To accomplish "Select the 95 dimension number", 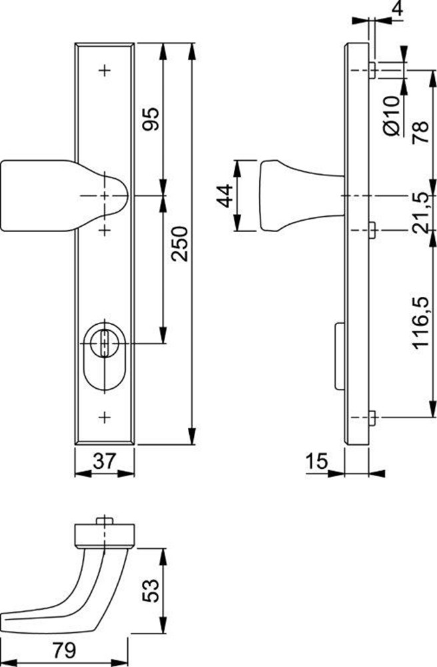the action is (151, 119).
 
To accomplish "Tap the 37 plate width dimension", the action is (104, 461).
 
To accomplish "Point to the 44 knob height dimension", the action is (226, 195).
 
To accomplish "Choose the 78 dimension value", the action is (420, 132).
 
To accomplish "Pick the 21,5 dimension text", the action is (420, 212).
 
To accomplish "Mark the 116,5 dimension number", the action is (420, 322).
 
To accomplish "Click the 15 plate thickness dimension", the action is (316, 461).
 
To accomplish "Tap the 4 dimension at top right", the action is (397, 9).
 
